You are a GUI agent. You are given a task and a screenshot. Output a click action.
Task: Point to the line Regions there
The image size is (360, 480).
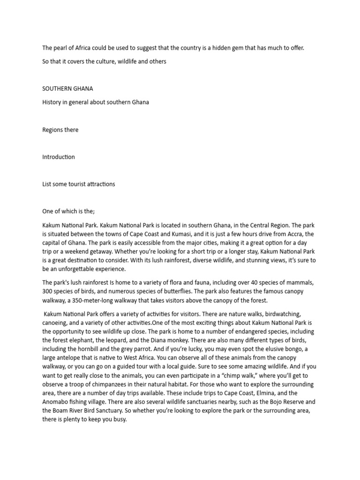(x=60, y=130)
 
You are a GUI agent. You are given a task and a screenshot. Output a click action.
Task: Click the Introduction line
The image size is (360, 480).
(x=59, y=157)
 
